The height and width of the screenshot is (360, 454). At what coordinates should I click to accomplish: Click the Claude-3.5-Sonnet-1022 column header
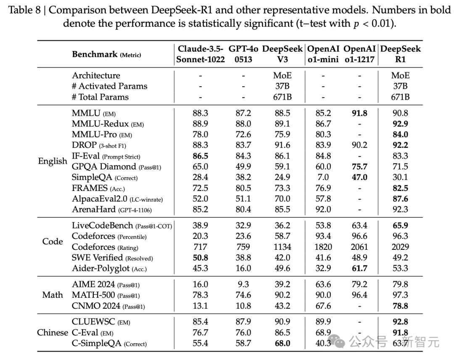tap(201, 54)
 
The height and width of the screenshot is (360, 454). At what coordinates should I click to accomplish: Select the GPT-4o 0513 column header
tap(243, 54)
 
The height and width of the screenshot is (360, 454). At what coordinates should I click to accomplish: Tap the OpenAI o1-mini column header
tap(323, 54)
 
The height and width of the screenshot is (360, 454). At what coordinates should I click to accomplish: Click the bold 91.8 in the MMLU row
tap(359, 113)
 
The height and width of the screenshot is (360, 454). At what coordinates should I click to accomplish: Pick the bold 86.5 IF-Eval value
tap(201, 156)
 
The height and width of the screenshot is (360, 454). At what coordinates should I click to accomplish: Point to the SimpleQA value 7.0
tap(323, 177)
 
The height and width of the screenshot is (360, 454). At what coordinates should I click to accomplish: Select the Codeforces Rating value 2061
tap(359, 247)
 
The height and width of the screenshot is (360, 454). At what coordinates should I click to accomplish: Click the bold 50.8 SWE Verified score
tap(201, 258)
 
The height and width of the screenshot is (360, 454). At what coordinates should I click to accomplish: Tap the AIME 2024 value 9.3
tap(243, 284)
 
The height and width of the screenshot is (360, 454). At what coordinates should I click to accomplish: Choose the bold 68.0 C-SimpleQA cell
tap(282, 344)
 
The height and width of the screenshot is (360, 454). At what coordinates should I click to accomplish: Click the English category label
tap(53, 161)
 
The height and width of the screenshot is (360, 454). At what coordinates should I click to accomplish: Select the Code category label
tap(53, 241)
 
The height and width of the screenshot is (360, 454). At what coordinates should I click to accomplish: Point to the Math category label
tap(53, 295)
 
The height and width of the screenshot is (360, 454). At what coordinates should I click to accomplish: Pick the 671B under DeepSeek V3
tap(282, 97)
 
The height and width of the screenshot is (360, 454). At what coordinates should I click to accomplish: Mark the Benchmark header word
tap(95, 54)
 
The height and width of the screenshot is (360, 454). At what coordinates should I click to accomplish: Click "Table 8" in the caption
tap(25, 10)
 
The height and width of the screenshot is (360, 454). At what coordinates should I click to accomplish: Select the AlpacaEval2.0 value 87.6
tap(401, 199)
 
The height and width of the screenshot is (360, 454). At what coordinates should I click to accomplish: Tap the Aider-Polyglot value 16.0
tap(243, 268)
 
